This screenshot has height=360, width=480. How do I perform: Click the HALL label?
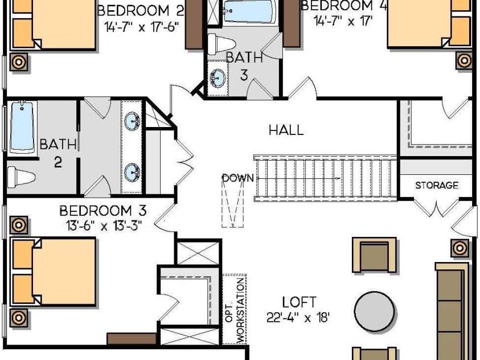tap(286, 130)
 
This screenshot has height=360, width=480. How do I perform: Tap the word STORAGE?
tap(437, 185)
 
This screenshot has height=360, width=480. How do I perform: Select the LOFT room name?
tap(299, 302)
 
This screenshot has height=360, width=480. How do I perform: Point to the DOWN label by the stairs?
tap(238, 178)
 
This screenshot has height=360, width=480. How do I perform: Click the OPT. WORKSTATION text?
tap(236, 310)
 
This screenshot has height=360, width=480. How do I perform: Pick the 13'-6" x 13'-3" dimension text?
tap(104, 226)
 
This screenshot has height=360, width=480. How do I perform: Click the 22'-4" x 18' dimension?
tap(298, 317)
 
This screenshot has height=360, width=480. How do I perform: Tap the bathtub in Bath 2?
tap(22, 127)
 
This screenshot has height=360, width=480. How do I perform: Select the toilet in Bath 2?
tap(21, 177)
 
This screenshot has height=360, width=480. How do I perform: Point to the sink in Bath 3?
tap(218, 78)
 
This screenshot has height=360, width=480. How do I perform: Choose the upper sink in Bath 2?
tap(132, 121)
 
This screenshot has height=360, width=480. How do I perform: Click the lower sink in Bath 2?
tap(132, 173)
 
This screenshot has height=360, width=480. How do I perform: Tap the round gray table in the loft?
tap(375, 312)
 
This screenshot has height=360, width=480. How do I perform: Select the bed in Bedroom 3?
tap(54, 272)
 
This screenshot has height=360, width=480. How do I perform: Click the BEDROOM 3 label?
tap(103, 211)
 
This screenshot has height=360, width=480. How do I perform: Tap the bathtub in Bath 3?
tap(250, 11)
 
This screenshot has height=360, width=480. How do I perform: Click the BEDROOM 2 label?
tap(141, 11)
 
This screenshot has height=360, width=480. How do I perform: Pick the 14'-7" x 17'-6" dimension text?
tap(141, 27)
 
